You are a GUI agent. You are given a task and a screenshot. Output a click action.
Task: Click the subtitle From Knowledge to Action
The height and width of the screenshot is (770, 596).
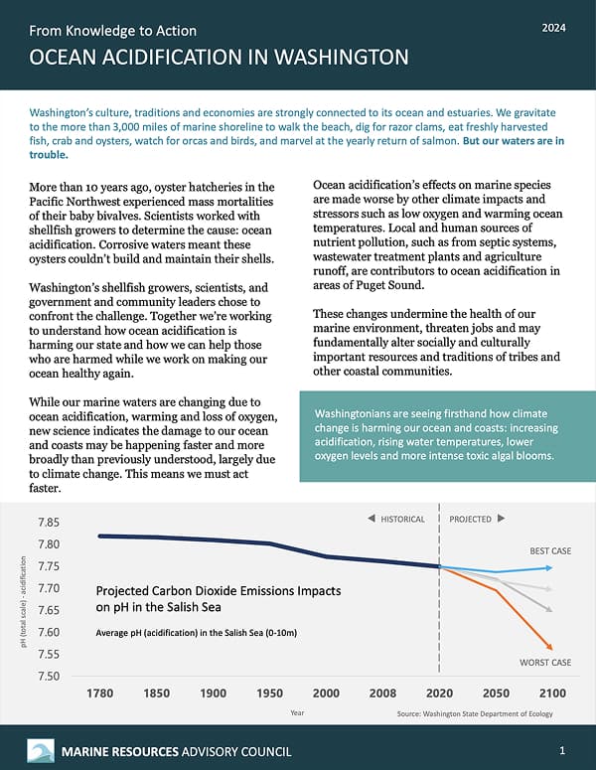click(x=107, y=29)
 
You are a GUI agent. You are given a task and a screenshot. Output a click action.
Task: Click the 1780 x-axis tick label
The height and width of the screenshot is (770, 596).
click(x=100, y=693)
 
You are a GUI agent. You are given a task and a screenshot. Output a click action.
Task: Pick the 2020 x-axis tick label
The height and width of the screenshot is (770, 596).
click(x=439, y=693)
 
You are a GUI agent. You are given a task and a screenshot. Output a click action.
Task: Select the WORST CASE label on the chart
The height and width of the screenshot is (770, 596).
click(x=545, y=663)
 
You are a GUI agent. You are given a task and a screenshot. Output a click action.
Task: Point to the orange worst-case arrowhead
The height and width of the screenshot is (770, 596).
click(x=551, y=647)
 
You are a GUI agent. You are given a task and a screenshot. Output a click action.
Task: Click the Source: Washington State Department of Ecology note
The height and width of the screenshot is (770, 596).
click(x=474, y=713)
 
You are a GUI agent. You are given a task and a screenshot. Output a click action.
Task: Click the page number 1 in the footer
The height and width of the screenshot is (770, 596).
click(x=562, y=749)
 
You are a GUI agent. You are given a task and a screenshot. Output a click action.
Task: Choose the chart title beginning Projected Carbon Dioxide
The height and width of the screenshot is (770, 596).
click(x=219, y=597)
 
